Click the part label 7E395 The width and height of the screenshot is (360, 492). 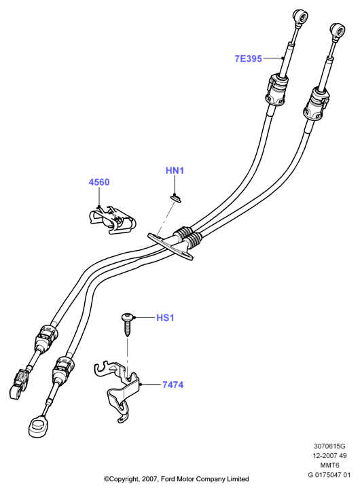[x=248, y=58]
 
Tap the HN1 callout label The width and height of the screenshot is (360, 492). [x=175, y=171]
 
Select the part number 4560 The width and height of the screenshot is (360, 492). [x=99, y=182]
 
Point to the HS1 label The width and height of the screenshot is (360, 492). [x=165, y=318]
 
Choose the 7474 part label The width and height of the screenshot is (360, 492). [x=173, y=385]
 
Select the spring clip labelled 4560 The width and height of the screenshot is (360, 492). [x=111, y=219]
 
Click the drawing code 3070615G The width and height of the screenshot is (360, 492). [x=329, y=446]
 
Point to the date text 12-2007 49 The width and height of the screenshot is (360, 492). [x=329, y=455]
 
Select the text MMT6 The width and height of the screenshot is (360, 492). [x=329, y=465]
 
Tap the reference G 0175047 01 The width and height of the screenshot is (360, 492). [x=329, y=475]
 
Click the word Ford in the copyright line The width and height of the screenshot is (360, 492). [x=168, y=479]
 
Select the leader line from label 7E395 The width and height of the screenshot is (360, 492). [x=273, y=58]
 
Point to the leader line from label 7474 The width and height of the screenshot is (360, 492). [x=151, y=384]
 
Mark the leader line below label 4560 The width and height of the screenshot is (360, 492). [x=99, y=197]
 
